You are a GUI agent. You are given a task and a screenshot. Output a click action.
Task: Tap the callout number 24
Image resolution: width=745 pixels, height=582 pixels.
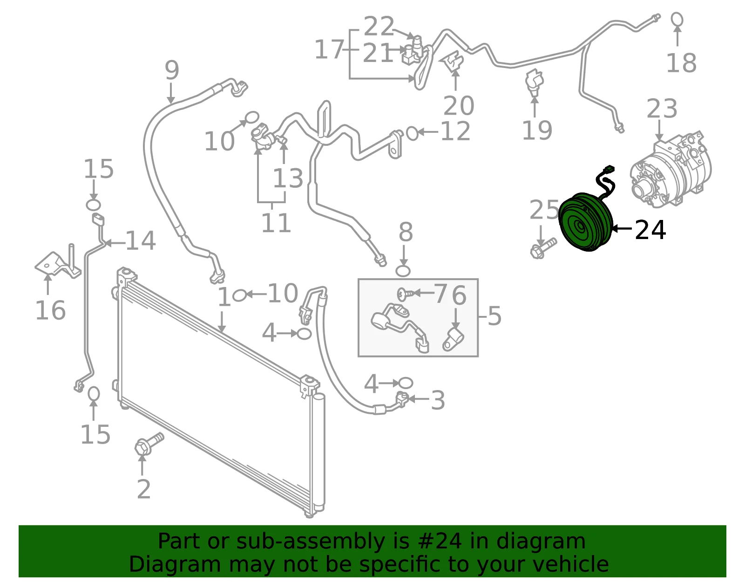click(650, 230)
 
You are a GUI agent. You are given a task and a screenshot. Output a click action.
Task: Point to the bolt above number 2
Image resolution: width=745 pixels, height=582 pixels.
click(149, 444)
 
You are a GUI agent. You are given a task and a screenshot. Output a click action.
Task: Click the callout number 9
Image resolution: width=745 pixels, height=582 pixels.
click(172, 70)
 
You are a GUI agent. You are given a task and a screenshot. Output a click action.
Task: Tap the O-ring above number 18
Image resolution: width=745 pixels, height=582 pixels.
click(677, 19)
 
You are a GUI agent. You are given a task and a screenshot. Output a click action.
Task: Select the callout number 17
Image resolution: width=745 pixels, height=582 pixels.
click(329, 49)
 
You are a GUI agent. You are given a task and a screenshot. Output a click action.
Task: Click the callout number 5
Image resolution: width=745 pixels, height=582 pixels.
click(494, 315)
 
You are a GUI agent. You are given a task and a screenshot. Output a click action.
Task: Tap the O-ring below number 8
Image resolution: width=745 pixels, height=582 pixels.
click(403, 271)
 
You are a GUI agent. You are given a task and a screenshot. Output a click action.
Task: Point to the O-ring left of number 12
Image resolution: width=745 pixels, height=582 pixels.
click(412, 133)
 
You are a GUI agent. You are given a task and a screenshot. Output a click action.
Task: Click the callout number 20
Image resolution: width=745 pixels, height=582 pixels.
click(459, 106)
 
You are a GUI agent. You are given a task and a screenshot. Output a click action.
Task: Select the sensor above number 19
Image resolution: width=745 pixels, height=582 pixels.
click(534, 82)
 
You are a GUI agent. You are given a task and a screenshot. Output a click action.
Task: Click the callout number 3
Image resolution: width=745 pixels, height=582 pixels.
click(438, 400)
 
